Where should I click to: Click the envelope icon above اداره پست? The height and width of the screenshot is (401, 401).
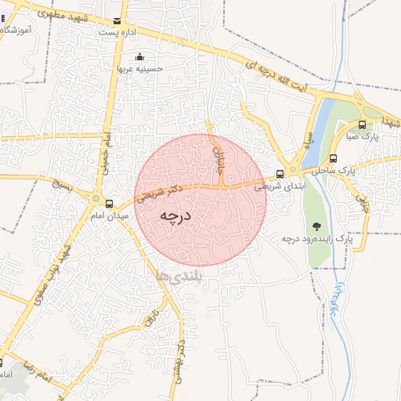click(117, 22)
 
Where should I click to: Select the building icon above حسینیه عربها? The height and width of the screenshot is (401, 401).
click(139, 56)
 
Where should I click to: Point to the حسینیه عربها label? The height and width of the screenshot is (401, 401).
click(139, 68)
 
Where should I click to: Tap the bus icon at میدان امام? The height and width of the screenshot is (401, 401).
click(109, 204)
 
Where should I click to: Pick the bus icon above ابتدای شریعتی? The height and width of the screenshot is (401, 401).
click(280, 174)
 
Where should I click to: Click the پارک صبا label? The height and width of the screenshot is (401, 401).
click(364, 136)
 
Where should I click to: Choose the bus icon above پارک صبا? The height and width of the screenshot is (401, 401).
click(362, 125)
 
